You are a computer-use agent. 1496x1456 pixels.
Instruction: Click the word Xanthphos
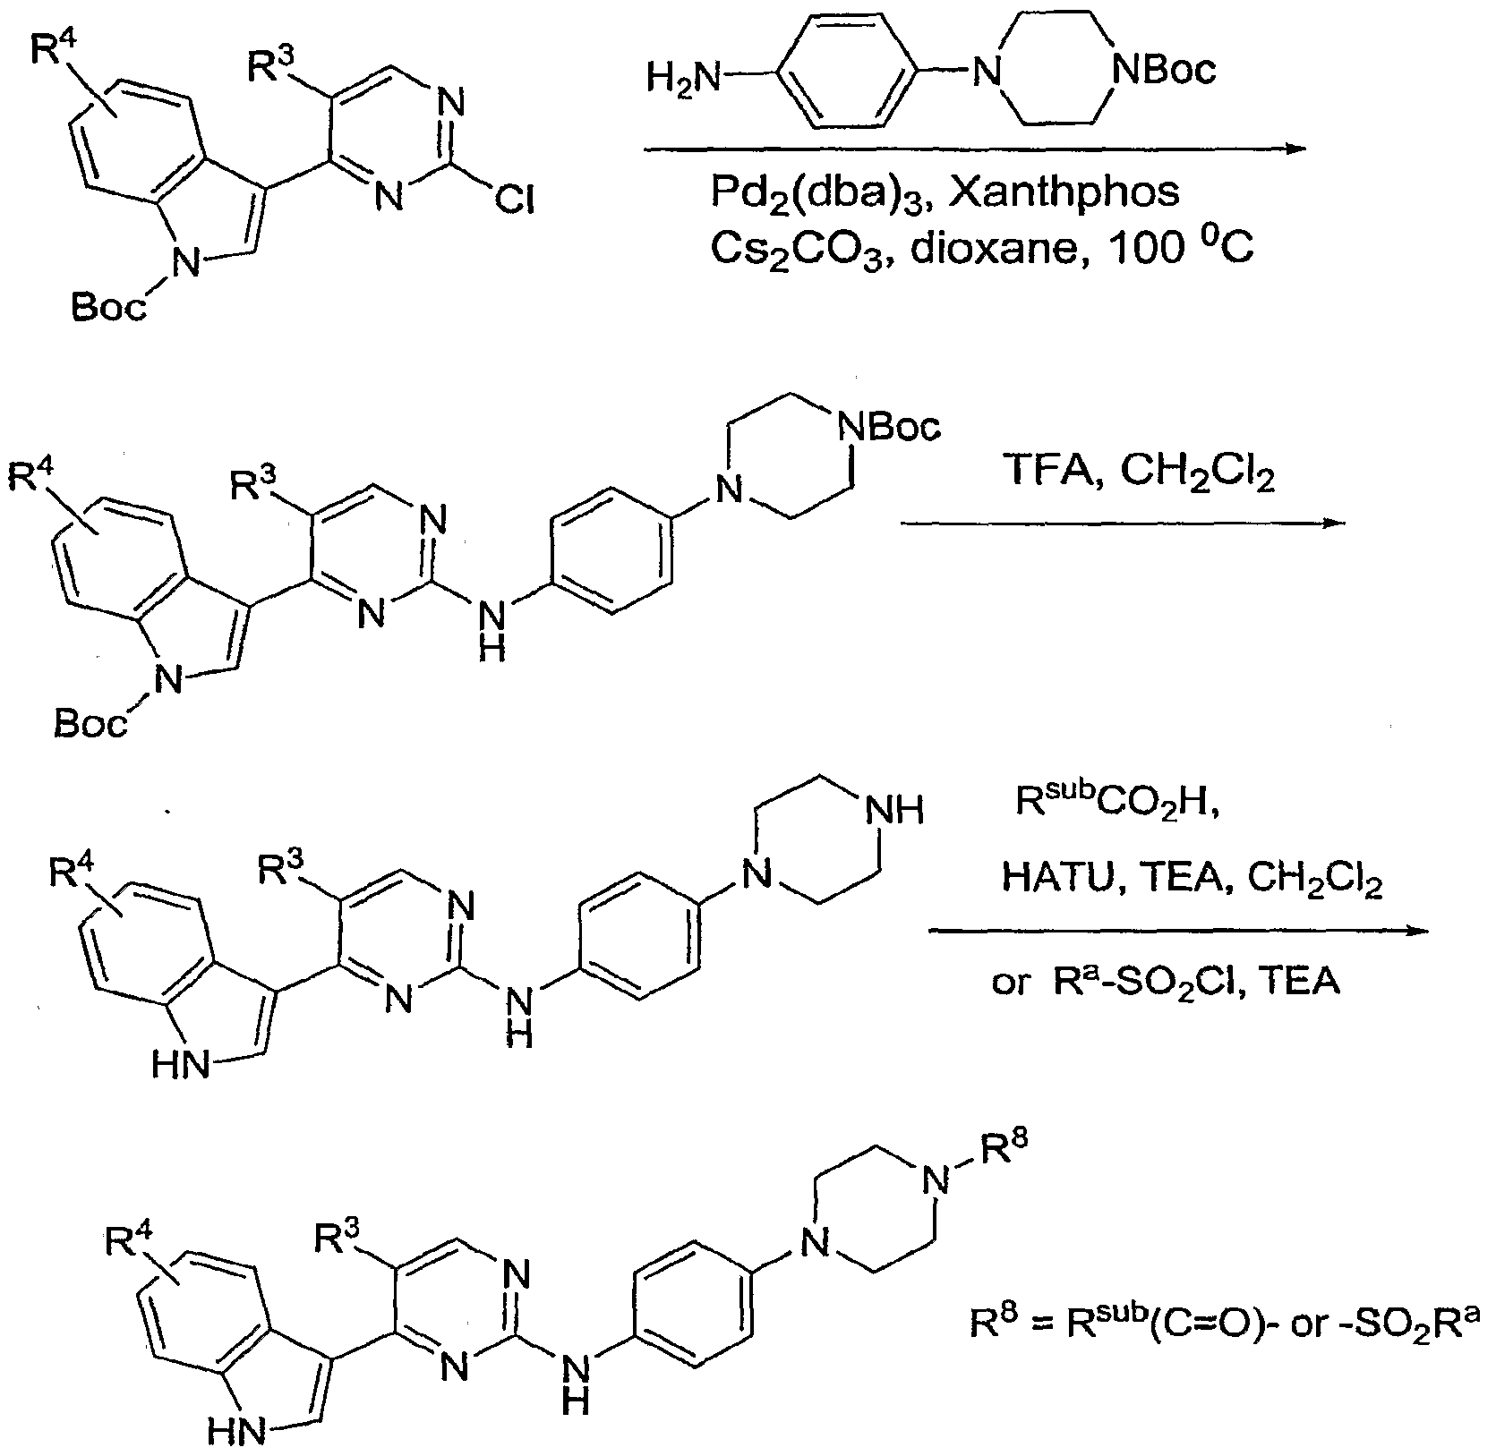[x=1064, y=192]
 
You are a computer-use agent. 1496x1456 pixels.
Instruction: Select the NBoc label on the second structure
[x=888, y=429]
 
